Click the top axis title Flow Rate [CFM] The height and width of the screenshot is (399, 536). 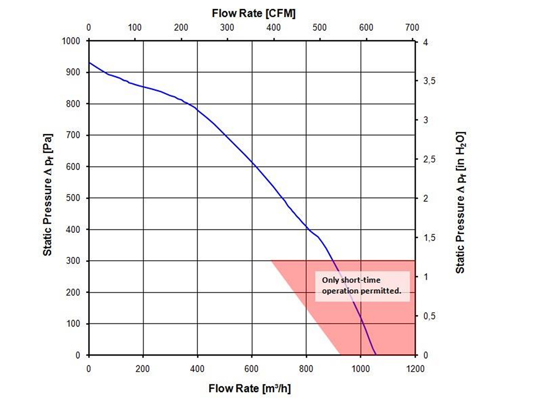(x=254, y=12)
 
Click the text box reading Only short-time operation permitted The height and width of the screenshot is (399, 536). (x=362, y=286)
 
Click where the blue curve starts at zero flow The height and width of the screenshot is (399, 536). (x=89, y=63)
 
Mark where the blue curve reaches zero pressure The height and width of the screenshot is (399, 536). (x=376, y=354)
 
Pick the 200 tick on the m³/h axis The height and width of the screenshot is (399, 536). (x=143, y=368)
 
